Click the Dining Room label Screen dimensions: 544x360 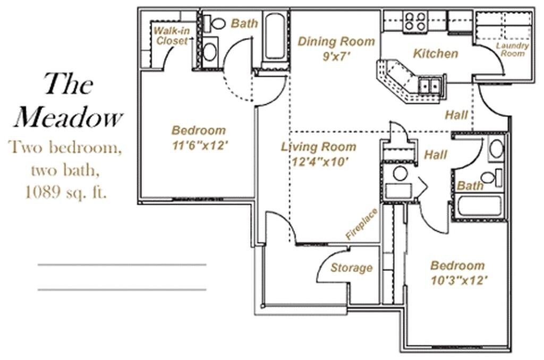(336, 41)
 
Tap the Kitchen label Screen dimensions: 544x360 (435, 54)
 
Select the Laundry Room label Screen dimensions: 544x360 (513, 49)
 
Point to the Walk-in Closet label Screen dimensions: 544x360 (171, 36)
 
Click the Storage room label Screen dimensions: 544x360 (351, 268)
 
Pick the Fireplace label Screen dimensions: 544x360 (361, 224)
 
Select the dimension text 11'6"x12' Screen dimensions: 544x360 (199, 145)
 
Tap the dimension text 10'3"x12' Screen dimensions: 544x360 (457, 280)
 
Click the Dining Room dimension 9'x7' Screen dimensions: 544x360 (336, 56)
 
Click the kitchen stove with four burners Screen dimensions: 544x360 (414, 21)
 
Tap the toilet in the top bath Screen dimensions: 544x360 (216, 23)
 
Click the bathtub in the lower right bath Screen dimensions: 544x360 (479, 206)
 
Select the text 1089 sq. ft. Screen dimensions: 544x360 (66, 192)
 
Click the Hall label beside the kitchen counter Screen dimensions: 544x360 (456, 114)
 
